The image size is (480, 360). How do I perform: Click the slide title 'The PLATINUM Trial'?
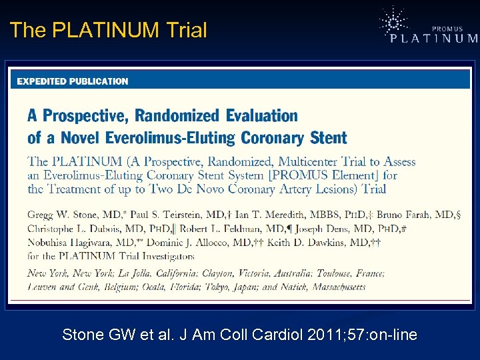(109, 30)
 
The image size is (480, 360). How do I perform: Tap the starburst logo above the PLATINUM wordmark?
(393, 21)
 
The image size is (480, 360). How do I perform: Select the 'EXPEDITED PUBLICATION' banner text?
(73, 81)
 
